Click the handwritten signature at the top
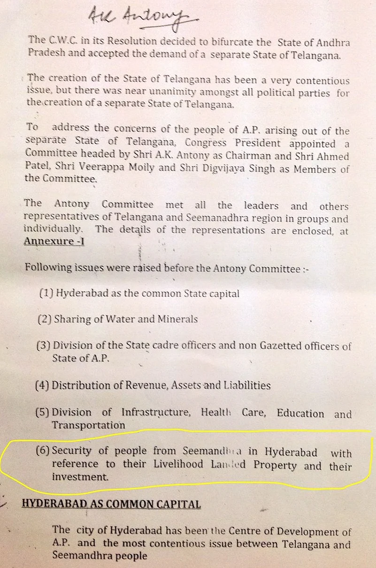[x=141, y=19]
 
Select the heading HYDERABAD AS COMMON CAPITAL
[x=112, y=504]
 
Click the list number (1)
[x=47, y=294]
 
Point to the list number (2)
[x=45, y=319]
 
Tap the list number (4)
[x=42, y=386]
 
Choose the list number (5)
[x=43, y=412]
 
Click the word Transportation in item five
[x=88, y=425]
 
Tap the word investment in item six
[x=79, y=477]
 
